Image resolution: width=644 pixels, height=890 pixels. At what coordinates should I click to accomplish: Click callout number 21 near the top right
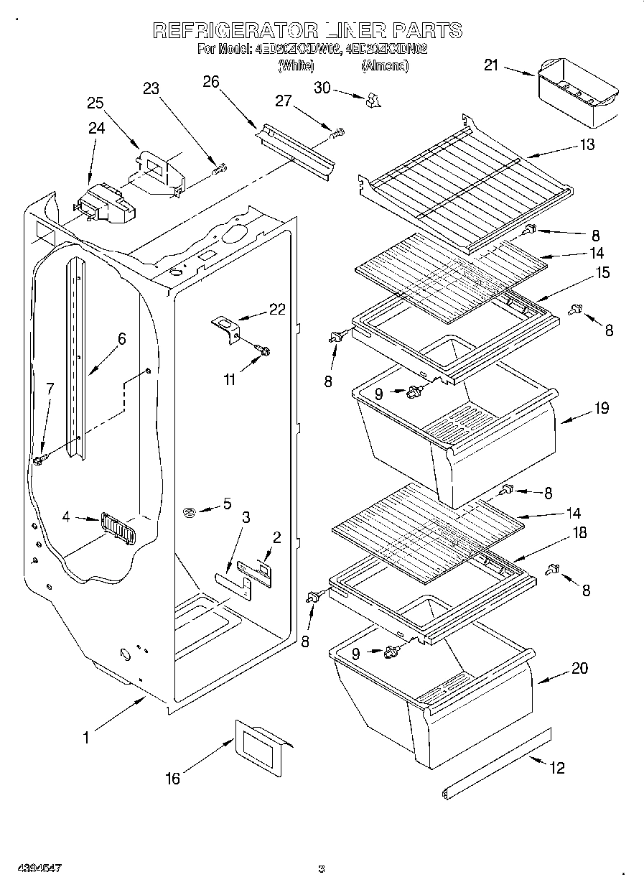[490, 65]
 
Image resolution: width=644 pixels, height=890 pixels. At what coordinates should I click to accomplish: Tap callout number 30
[322, 87]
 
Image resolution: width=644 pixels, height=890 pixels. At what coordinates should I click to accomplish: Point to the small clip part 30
[372, 101]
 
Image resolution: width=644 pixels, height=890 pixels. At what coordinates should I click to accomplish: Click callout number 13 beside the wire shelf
[587, 145]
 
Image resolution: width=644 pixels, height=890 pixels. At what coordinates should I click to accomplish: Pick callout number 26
[210, 81]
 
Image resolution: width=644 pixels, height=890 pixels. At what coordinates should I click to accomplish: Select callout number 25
[95, 103]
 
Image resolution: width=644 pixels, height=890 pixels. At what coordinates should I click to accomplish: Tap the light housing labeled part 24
[106, 203]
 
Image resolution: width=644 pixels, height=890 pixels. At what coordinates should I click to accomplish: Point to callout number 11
[229, 380]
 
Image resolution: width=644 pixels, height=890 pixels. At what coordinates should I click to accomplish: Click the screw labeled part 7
[40, 458]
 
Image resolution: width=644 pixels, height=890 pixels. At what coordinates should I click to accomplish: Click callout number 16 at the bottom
[173, 778]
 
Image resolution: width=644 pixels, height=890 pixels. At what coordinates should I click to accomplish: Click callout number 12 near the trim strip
[556, 768]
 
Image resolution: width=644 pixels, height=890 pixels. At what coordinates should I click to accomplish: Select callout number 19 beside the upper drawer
[601, 408]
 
